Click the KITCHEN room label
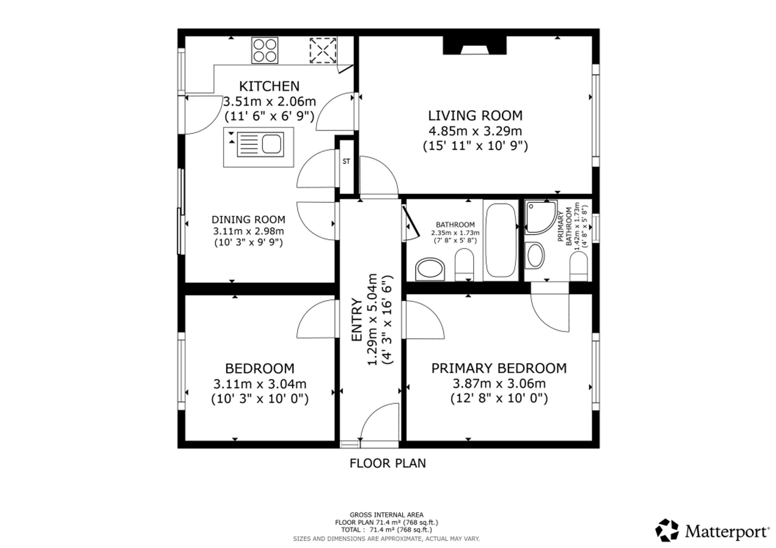click(x=269, y=86)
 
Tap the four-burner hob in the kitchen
click(x=265, y=50)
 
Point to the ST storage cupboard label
click(x=346, y=161)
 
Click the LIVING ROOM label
click(x=475, y=116)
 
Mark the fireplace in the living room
click(x=475, y=45)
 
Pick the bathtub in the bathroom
click(x=501, y=240)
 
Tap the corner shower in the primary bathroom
click(x=541, y=217)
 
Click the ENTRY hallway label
click(x=357, y=320)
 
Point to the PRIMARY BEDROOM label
click(x=499, y=368)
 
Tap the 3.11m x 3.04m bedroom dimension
click(x=260, y=384)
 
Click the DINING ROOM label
click(x=248, y=220)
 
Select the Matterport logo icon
click(x=667, y=530)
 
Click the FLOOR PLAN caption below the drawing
click(x=388, y=463)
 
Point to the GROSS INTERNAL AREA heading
click(x=386, y=515)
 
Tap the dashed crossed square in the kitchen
click(x=323, y=50)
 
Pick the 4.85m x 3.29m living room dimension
click(x=475, y=131)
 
